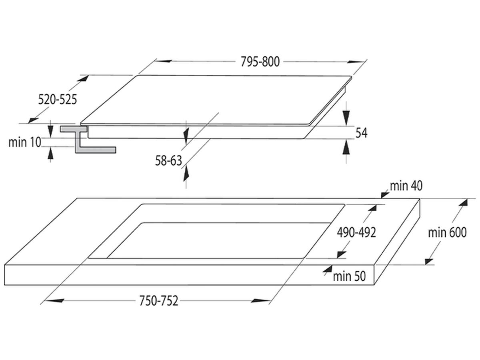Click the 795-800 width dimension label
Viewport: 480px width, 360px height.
260,62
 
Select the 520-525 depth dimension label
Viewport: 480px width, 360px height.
58,100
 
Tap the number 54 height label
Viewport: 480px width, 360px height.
361,133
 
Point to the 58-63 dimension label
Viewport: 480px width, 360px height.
168,161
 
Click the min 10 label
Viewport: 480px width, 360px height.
25,142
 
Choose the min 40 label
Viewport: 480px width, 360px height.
406,186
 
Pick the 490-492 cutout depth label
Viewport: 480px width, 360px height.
356,232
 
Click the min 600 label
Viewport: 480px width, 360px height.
447,232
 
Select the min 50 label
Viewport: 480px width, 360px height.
349,276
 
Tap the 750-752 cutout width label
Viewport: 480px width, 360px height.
159,301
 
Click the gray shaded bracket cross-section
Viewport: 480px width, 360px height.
88,139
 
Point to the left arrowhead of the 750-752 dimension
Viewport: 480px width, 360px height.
55,301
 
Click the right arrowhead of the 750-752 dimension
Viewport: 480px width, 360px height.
260,301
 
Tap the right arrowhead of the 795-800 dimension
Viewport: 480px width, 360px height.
356,62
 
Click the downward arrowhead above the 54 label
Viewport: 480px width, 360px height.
346,118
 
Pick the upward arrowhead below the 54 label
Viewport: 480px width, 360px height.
346,147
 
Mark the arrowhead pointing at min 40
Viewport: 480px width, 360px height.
385,194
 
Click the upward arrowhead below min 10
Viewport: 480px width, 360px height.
50,154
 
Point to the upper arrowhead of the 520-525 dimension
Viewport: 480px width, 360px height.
83,78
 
